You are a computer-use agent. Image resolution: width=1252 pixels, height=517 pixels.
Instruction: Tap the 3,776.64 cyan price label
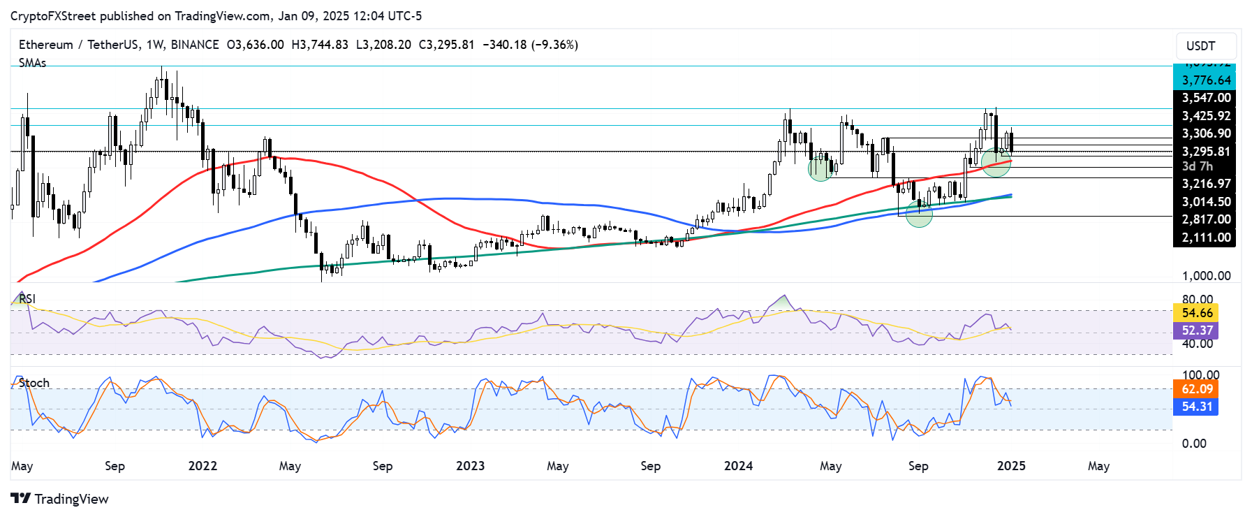(x=1205, y=80)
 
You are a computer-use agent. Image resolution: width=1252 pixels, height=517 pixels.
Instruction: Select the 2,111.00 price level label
(x=1205, y=238)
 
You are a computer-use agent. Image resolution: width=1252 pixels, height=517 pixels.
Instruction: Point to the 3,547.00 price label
(x=1205, y=98)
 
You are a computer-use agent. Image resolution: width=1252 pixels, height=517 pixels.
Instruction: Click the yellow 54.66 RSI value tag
(x=1197, y=313)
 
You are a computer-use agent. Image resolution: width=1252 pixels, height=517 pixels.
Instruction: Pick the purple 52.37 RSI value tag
(x=1197, y=330)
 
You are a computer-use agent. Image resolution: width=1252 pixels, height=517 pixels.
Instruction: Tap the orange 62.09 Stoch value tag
(x=1197, y=389)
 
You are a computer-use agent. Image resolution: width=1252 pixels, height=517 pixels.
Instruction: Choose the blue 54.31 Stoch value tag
(x=1197, y=407)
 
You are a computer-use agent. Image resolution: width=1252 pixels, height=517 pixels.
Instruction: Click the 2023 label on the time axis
(x=470, y=466)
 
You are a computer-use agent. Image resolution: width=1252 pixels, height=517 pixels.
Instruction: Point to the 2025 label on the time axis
(x=1011, y=466)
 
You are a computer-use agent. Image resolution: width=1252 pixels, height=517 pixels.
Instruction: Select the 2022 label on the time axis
(x=202, y=466)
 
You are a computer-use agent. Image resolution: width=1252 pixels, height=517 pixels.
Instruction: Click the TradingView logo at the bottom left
(x=60, y=499)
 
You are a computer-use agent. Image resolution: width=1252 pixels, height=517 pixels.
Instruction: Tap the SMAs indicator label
(x=33, y=63)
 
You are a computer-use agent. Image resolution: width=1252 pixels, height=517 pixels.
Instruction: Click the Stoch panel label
(x=34, y=383)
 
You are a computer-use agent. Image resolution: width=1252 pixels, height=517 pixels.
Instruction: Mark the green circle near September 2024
(x=919, y=214)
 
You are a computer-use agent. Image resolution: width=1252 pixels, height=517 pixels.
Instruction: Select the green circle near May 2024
(x=820, y=168)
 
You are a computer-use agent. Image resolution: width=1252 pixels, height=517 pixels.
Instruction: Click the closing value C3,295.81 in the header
(x=446, y=45)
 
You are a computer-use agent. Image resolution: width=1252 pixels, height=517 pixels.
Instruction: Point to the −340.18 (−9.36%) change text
(x=530, y=45)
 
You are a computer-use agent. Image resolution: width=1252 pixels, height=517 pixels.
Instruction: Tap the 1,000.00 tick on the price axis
(x=1205, y=276)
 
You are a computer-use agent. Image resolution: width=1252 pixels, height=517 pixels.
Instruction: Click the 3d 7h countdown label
(x=1197, y=166)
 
